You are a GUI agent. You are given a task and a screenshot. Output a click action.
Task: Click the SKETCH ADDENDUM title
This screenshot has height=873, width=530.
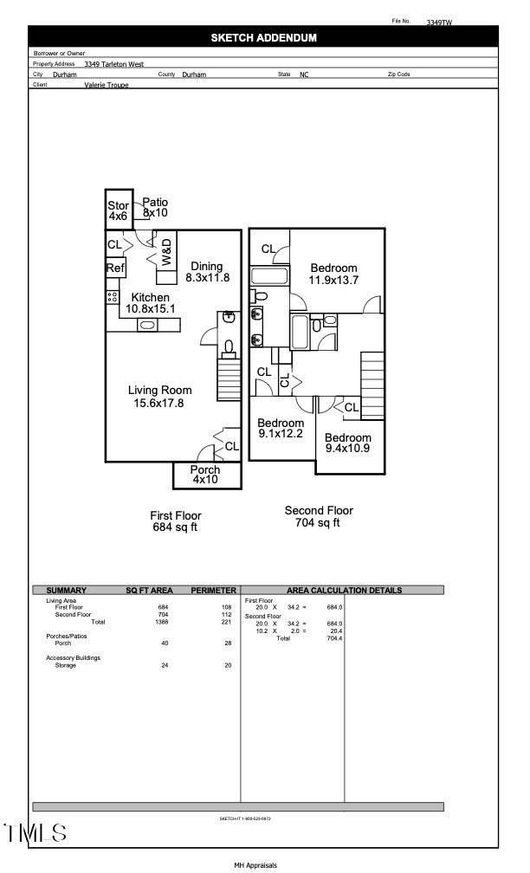click(x=263, y=37)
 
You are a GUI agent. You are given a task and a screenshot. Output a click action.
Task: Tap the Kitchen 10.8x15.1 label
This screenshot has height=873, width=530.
click(x=150, y=302)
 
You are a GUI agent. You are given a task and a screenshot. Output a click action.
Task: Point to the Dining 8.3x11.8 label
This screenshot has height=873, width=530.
click(x=207, y=272)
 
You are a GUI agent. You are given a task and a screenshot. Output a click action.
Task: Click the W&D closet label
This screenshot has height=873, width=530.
click(x=167, y=251)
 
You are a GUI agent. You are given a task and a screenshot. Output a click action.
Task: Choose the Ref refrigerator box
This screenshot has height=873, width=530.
click(x=115, y=268)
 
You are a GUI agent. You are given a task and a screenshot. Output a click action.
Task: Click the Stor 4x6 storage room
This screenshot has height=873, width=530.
click(x=118, y=210)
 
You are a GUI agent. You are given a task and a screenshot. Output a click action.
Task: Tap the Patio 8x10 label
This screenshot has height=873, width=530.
click(x=155, y=207)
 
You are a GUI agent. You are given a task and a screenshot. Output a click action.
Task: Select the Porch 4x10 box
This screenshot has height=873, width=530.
click(x=205, y=475)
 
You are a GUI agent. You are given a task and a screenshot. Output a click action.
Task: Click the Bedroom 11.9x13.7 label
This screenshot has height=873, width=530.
click(x=333, y=274)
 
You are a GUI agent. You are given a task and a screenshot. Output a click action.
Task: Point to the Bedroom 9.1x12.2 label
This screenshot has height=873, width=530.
click(x=281, y=428)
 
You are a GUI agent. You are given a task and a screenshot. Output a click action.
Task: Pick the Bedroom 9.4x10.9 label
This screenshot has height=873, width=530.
click(x=348, y=443)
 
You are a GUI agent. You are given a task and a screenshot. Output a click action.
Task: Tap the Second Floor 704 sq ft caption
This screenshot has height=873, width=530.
click(x=319, y=516)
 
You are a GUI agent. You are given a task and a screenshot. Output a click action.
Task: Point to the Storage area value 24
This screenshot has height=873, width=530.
click(x=165, y=665)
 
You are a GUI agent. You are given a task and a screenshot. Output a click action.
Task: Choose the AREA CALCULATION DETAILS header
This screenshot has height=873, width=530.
click(x=342, y=591)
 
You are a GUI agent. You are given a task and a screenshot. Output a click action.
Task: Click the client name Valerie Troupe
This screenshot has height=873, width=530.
click(x=107, y=85)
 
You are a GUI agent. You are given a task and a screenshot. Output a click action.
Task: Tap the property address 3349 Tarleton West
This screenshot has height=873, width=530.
click(x=113, y=64)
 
